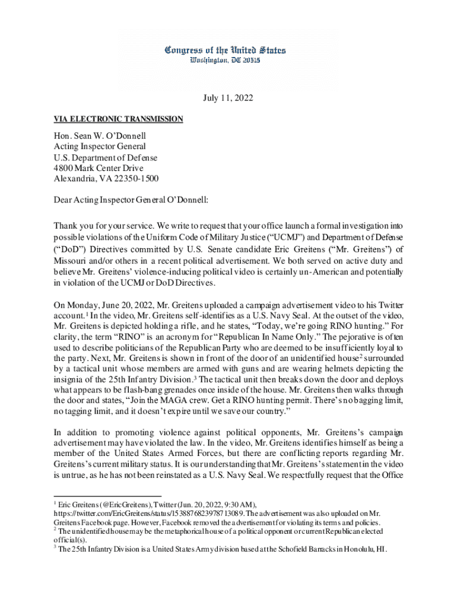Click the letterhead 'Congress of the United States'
(x=225, y=50)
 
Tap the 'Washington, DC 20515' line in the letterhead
(x=225, y=61)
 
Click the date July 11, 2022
(x=228, y=99)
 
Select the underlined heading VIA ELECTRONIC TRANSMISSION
(x=118, y=119)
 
